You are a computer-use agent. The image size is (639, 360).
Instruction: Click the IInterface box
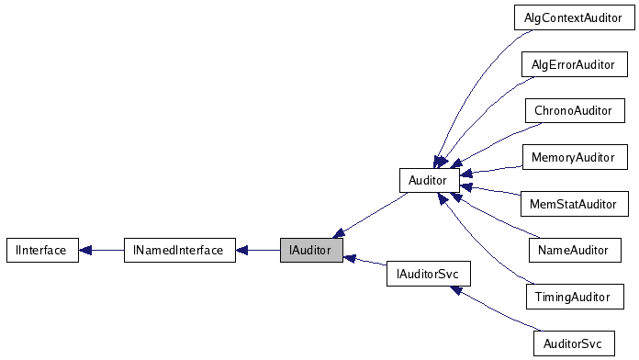[42, 250]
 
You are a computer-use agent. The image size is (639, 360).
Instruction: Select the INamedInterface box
[179, 250]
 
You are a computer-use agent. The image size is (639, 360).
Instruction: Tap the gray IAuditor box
[311, 250]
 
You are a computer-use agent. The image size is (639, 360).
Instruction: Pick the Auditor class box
[429, 180]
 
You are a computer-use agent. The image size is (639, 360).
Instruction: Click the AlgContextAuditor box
[572, 17]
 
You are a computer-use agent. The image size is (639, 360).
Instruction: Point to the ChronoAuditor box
[573, 110]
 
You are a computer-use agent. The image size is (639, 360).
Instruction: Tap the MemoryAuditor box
[573, 157]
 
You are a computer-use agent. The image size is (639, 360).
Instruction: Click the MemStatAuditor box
[573, 203]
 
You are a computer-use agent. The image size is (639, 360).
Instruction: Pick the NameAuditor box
[573, 249]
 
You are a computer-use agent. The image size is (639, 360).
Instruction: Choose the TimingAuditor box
[573, 297]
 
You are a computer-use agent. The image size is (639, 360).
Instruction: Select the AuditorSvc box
[572, 343]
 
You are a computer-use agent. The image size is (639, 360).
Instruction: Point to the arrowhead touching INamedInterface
[241, 250]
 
